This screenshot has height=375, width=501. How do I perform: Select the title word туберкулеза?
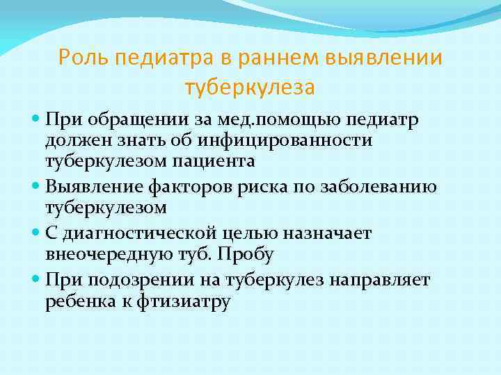250,88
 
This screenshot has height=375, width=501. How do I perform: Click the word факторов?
216,185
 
